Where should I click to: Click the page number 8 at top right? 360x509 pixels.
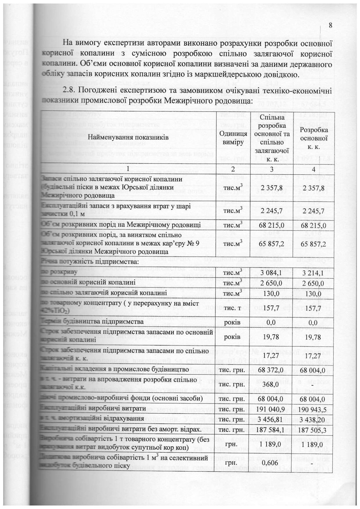click(330, 25)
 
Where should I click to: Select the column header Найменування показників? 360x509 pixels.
click(128, 137)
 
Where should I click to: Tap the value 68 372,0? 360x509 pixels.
click(271, 370)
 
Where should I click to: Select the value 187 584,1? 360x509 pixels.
click(271, 429)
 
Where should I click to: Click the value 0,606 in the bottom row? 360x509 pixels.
click(271, 462)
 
